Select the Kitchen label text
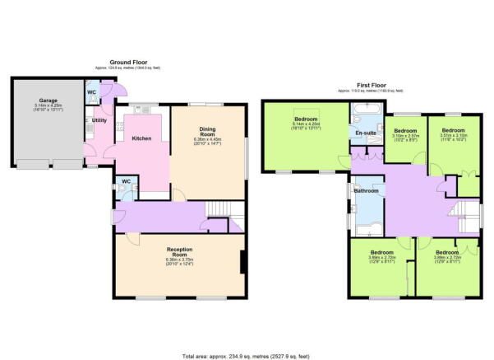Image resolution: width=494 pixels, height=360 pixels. pyautogui.click(x=141, y=138)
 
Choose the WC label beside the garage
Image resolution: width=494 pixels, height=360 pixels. pyautogui.click(x=92, y=92)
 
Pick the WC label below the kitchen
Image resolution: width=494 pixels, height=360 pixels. pyautogui.click(x=125, y=181)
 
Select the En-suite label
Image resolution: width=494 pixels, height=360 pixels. pyautogui.click(x=364, y=132)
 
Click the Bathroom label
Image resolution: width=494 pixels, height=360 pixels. pyautogui.click(x=366, y=191)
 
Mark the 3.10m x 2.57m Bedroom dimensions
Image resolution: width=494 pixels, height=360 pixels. pyautogui.click(x=406, y=138)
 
